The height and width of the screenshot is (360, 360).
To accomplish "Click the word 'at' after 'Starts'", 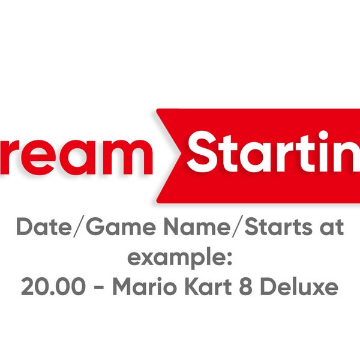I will coord(331,229).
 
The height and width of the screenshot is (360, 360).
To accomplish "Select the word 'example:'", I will coord(179,259).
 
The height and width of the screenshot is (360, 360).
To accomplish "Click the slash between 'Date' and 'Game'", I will coord(74,229).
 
